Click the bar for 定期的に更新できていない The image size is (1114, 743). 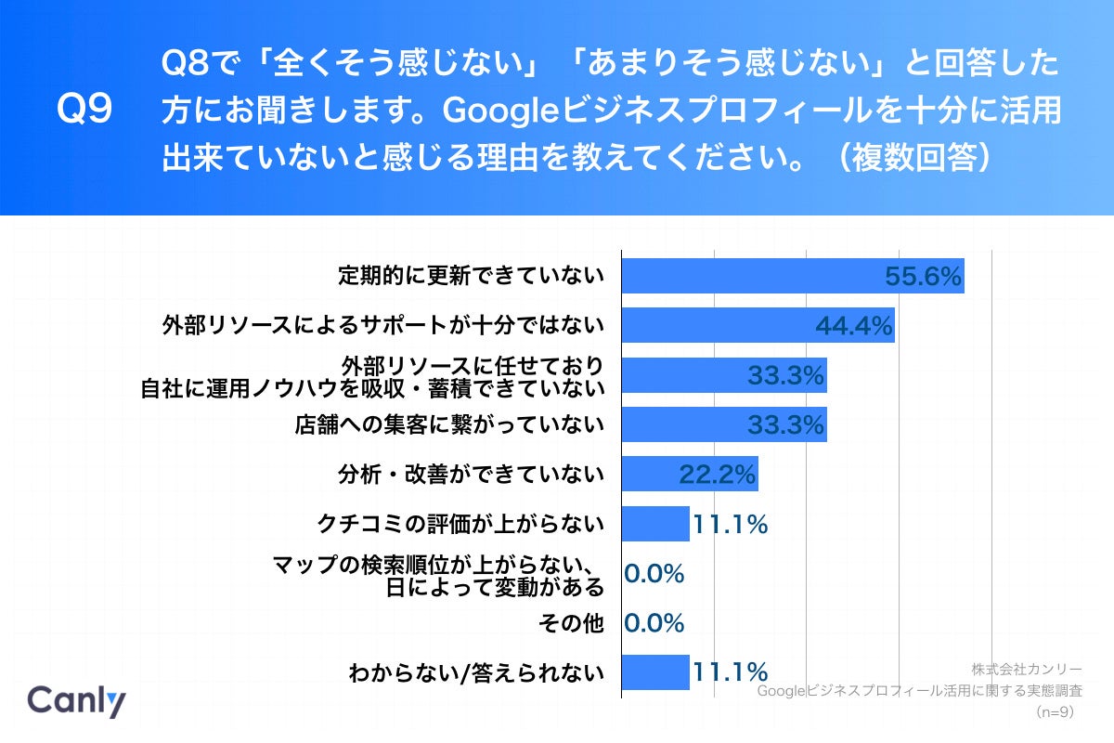[792, 276]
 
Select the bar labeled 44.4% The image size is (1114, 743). [757, 325]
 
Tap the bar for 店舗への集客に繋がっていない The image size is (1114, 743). [723, 424]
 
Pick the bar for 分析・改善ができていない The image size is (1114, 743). [689, 474]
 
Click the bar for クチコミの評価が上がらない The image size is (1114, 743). [654, 524]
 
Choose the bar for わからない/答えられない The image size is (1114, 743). [654, 671]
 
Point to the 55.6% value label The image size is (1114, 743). [922, 277]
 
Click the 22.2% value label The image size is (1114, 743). [717, 475]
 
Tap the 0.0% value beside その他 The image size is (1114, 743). [654, 622]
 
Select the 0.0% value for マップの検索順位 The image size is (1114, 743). [654, 573]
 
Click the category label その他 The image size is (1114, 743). [572, 622]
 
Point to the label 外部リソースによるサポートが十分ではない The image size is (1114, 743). [382, 325]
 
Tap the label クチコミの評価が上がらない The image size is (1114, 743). [460, 524]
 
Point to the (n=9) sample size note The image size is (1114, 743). [1055, 711]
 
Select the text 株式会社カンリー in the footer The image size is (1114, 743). [1027, 669]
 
